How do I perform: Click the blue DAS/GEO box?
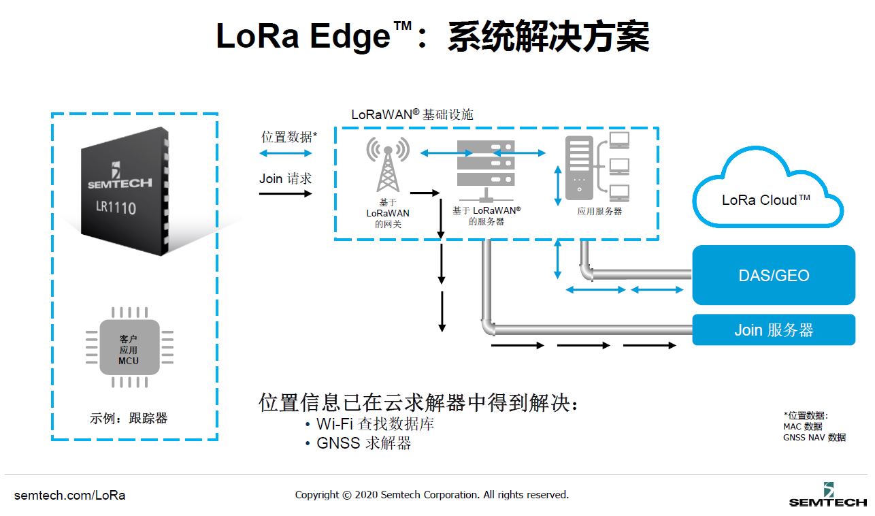point(774,275)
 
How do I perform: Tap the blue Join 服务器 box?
point(774,329)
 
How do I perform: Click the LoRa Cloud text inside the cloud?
point(765,199)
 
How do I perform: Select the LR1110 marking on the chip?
point(116,207)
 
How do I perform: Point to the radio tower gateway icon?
point(388,165)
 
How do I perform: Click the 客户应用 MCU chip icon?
point(129,348)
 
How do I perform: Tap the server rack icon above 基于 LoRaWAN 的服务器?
point(486,170)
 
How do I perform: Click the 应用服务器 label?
point(599,212)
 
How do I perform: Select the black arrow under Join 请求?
point(286,193)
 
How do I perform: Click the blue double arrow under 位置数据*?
point(286,153)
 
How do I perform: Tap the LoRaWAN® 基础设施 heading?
point(412,114)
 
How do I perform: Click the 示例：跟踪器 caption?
point(129,418)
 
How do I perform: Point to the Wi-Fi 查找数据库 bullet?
point(369,423)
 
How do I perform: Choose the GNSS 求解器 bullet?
point(358,443)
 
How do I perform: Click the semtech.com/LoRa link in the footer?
point(69,496)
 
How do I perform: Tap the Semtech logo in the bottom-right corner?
point(828,496)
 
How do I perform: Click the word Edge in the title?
point(350,36)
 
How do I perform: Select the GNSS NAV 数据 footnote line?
point(814,438)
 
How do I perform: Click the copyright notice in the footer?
point(431,495)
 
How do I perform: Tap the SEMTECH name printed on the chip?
point(120,183)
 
